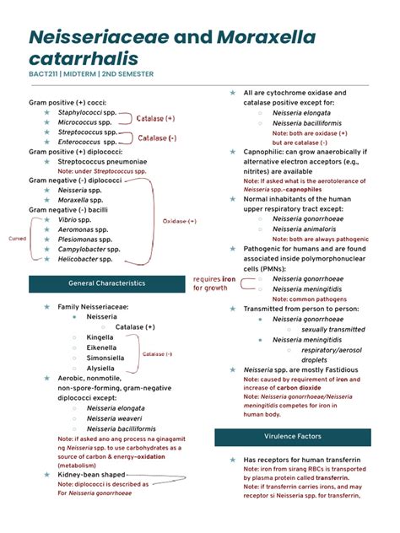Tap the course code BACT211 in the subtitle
[x=46, y=74]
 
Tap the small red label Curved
[x=17, y=239]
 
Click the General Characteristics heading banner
[x=106, y=283]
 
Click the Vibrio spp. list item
[x=80, y=219]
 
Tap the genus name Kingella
[x=100, y=336]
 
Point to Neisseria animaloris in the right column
[x=309, y=228]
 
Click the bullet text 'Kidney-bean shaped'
[x=94, y=475]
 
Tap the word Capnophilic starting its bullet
[x=266, y=152]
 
